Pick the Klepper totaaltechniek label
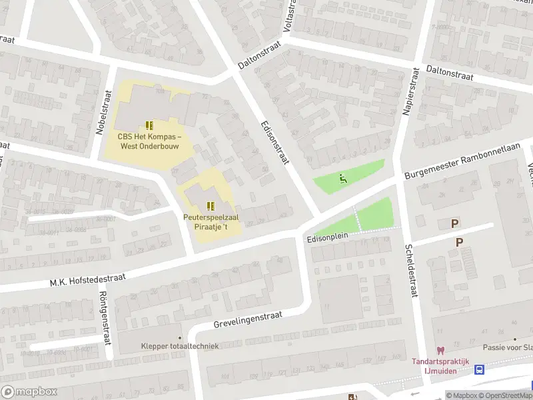pyautogui.click(x=180, y=345)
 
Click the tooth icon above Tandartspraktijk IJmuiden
pyautogui.click(x=440, y=350)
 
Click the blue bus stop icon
pyautogui.click(x=479, y=369)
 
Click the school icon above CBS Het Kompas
pyautogui.click(x=149, y=125)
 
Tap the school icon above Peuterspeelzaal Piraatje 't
pyautogui.click(x=211, y=206)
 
